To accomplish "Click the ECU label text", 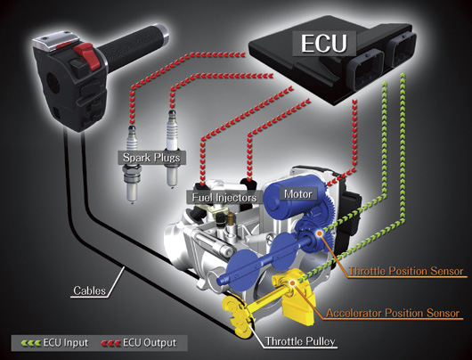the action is (x=324, y=44).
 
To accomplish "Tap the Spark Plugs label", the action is (x=151, y=158).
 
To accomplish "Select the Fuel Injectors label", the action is (x=224, y=198).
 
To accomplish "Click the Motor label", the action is (x=298, y=194).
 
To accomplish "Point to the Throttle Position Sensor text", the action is (x=406, y=271).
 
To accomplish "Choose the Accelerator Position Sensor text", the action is (x=393, y=314).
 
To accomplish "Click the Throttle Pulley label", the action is (x=300, y=341).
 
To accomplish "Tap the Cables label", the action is (x=90, y=290).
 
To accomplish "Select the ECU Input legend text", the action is (x=66, y=343).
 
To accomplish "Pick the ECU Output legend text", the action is (x=150, y=343).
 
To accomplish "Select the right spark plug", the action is (x=173, y=149).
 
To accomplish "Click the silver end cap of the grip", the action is (x=163, y=33).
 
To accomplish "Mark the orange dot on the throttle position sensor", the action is (x=320, y=233).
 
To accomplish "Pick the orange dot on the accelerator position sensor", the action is (x=292, y=282).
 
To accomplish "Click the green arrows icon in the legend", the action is (x=30, y=343).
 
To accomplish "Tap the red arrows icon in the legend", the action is (x=110, y=343).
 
